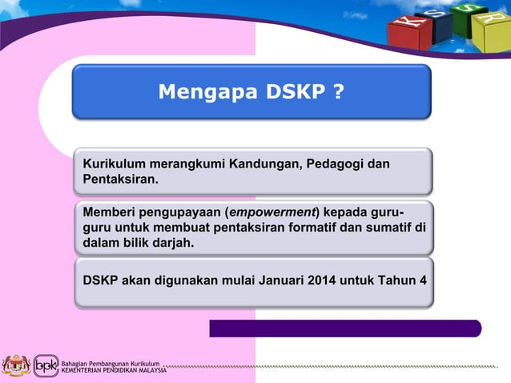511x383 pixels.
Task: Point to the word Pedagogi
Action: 336,164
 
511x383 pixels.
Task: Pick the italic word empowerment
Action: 272,212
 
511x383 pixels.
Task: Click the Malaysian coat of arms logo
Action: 15,365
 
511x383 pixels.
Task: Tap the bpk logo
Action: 45,365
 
